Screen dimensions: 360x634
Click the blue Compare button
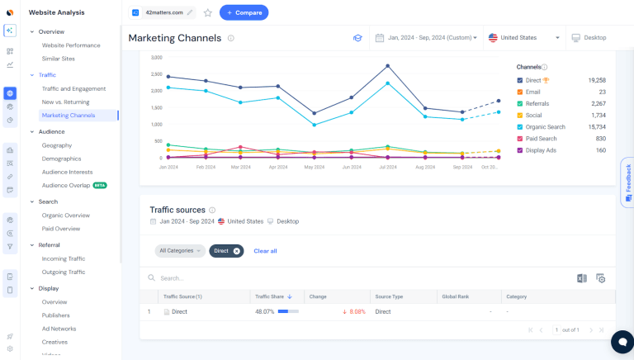pyautogui.click(x=244, y=12)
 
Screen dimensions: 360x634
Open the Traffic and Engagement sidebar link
pyautogui.click(x=73, y=88)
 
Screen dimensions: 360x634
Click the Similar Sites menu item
pyautogui.click(x=59, y=59)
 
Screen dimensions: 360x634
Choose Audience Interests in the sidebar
pyautogui.click(x=68, y=172)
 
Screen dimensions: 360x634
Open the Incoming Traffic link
pyautogui.click(x=64, y=258)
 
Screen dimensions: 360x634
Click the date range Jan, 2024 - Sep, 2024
pyautogui.click(x=426, y=38)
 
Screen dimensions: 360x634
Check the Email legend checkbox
pyautogui.click(x=520, y=92)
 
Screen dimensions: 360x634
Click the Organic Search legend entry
pyautogui.click(x=544, y=126)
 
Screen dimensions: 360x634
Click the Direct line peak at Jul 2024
pyautogui.click(x=387, y=66)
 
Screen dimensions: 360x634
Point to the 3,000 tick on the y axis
pyautogui.click(x=156, y=57)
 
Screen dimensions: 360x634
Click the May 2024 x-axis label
pyautogui.click(x=314, y=166)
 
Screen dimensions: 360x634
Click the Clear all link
pyautogui.click(x=265, y=251)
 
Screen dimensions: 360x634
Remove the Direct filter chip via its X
pyautogui.click(x=236, y=251)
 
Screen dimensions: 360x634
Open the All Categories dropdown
pyautogui.click(x=179, y=251)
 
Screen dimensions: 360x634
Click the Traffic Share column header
pyautogui.click(x=272, y=296)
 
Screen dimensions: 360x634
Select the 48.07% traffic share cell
pyautogui.click(x=265, y=312)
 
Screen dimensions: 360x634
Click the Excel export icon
pyautogui.click(x=582, y=278)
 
